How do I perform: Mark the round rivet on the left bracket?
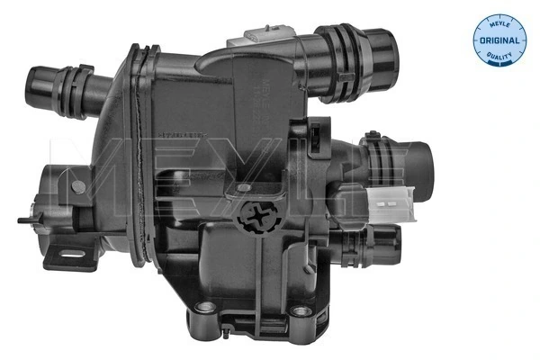(78, 186)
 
